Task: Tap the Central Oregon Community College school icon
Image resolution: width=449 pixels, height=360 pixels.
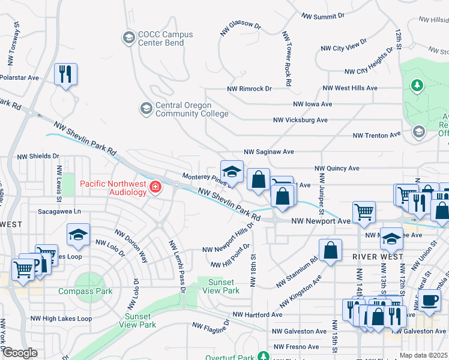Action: (146, 109)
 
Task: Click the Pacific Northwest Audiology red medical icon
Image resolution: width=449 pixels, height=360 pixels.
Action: (155, 188)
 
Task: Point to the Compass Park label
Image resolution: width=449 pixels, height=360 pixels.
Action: (85, 292)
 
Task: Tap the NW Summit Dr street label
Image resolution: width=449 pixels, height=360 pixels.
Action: (323, 16)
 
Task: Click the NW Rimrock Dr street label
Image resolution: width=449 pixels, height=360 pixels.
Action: (249, 89)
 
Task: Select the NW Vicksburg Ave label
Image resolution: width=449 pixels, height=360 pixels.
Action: (300, 120)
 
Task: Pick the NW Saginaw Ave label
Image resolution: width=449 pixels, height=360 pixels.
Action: (268, 152)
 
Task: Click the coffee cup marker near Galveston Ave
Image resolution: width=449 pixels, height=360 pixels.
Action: (429, 300)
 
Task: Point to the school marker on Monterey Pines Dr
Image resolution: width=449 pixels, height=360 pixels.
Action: (232, 172)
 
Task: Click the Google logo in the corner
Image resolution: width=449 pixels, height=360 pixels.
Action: (20, 353)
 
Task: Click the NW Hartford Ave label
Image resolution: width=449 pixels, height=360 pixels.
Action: (258, 314)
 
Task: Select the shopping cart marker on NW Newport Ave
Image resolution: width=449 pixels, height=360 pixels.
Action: (364, 212)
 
